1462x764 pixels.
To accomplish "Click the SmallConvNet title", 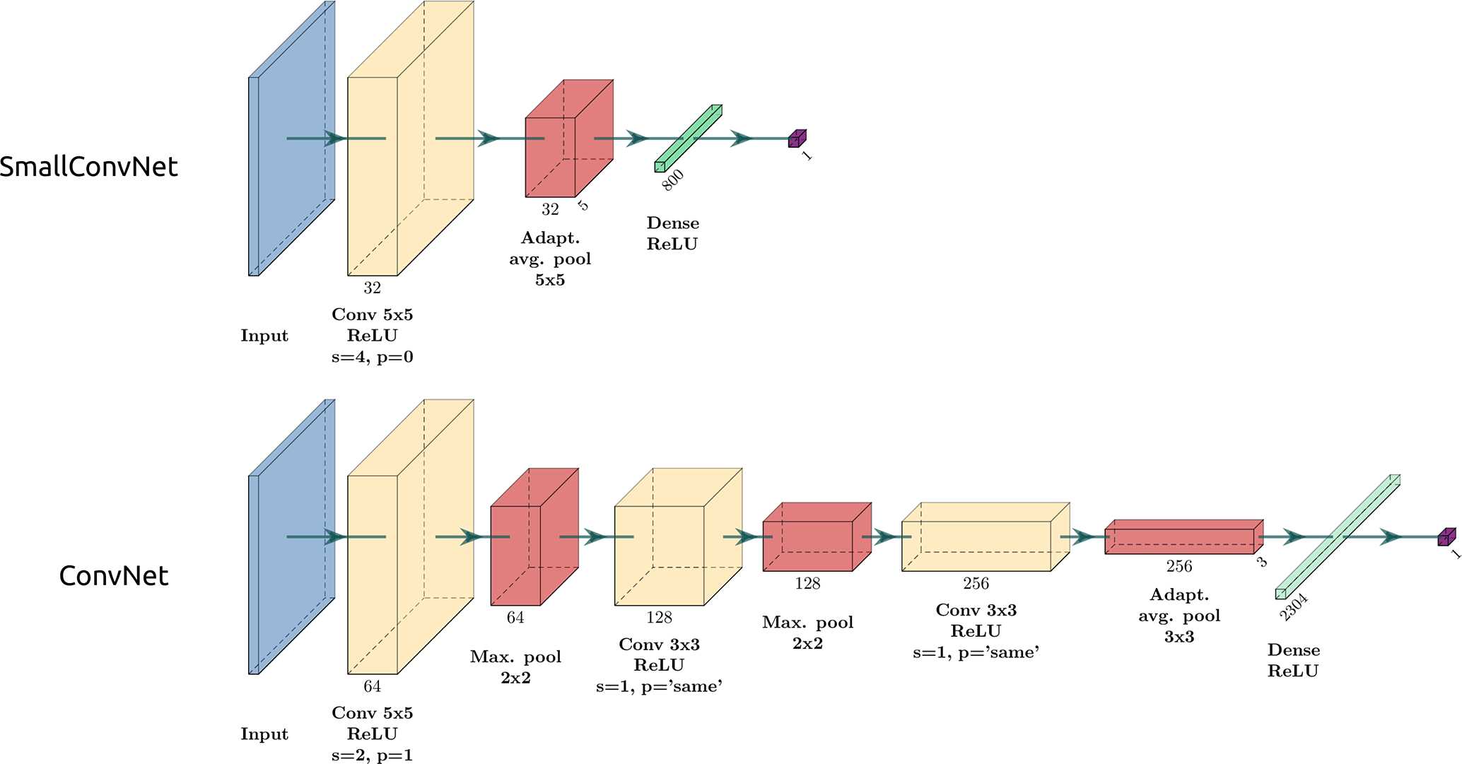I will click(x=89, y=167).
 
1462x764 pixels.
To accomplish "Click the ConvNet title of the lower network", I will click(x=114, y=576).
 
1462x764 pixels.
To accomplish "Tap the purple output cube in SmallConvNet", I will click(x=797, y=139).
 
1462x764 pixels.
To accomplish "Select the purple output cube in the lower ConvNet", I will click(x=1446, y=537).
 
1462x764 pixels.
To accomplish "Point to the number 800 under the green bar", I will click(x=672, y=180).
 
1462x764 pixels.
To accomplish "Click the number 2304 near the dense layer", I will click(x=1294, y=607).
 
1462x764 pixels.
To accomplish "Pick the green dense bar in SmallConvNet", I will click(x=688, y=139).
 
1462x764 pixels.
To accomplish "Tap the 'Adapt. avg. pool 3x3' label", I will click(x=1179, y=616).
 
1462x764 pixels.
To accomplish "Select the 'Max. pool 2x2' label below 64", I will click(x=515, y=667).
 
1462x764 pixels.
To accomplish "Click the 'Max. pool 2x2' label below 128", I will click(x=807, y=633).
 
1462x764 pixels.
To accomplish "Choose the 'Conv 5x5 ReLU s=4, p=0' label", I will click(x=372, y=336).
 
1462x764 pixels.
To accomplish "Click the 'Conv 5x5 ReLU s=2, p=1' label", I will click(x=372, y=734).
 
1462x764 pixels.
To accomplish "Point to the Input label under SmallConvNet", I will click(x=264, y=336).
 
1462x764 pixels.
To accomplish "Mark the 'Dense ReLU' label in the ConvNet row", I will click(x=1293, y=660).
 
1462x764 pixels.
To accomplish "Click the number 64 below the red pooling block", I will click(x=515, y=618).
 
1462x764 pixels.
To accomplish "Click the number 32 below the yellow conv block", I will click(x=372, y=288).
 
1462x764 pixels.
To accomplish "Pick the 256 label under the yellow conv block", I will click(x=976, y=584).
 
